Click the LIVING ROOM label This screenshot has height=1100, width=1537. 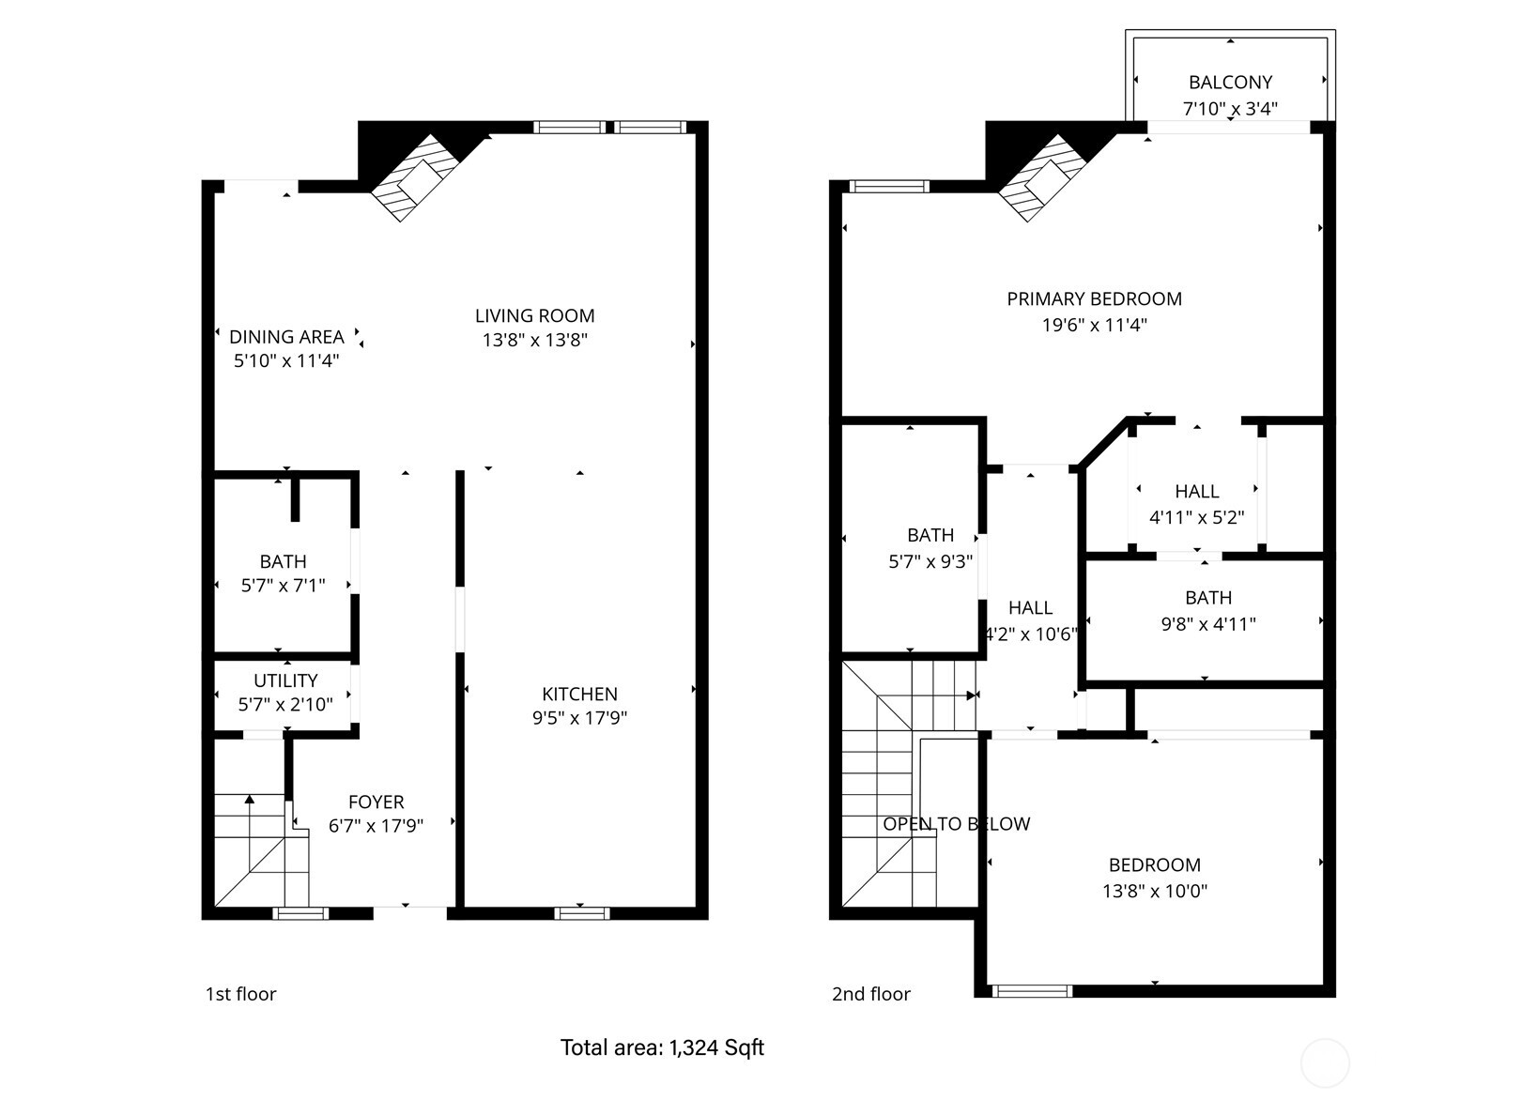click(534, 316)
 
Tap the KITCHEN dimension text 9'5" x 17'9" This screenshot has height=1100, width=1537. click(579, 719)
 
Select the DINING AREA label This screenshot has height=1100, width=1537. click(286, 337)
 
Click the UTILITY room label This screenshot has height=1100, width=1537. click(285, 680)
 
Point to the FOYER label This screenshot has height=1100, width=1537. click(376, 802)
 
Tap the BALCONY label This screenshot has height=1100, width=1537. click(1230, 83)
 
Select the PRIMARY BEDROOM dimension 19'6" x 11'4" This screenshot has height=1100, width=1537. click(1094, 326)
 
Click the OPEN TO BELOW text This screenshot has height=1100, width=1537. click(956, 824)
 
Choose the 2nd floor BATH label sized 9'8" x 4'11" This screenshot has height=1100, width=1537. click(1207, 598)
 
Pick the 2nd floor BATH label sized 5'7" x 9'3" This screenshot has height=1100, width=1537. click(930, 535)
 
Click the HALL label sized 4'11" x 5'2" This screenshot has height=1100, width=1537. click(1196, 491)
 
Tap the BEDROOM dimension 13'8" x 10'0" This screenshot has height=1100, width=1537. click(1154, 891)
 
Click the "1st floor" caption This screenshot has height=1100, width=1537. click(240, 994)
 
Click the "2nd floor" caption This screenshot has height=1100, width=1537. click(870, 994)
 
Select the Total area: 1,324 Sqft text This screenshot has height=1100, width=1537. click(662, 1047)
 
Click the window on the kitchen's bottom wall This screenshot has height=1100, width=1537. click(581, 912)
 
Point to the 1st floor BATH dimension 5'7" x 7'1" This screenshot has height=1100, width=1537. click(283, 586)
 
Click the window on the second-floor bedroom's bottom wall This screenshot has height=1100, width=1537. click(1032, 990)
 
